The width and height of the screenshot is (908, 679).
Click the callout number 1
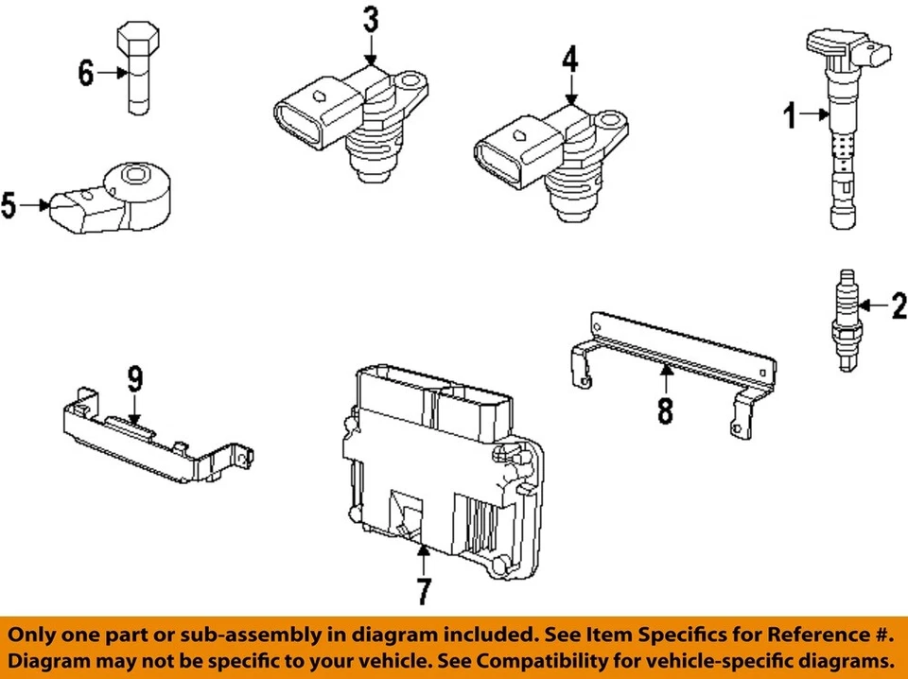[789, 117]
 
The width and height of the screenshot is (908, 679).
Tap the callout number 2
[898, 305]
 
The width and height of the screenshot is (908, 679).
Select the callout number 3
[370, 19]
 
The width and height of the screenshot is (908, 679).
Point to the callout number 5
[9, 205]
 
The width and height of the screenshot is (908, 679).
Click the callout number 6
[86, 72]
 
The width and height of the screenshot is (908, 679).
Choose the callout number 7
[423, 591]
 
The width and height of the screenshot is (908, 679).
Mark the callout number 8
[665, 411]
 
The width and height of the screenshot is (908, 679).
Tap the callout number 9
[135, 379]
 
